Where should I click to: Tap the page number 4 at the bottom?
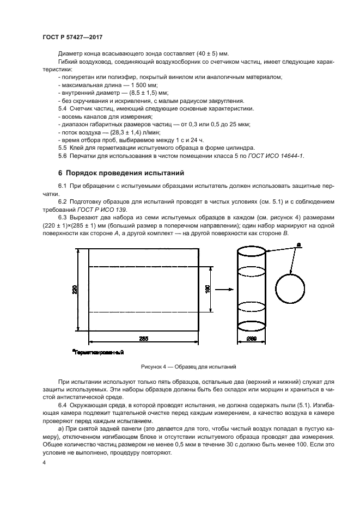coord(44,463)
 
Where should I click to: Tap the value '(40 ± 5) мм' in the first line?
coord(211,54)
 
